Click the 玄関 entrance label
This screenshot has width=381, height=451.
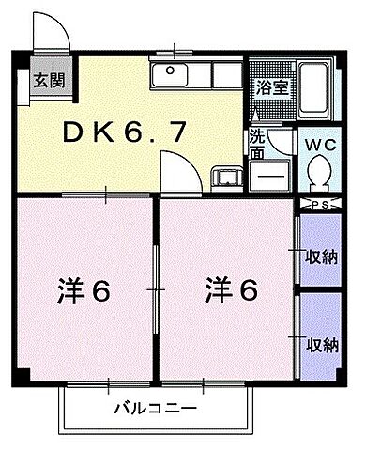(x=43, y=79)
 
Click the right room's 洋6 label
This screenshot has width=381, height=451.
(x=230, y=291)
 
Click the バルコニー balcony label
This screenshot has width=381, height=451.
(x=156, y=409)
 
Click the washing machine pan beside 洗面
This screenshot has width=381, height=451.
(x=269, y=175)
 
